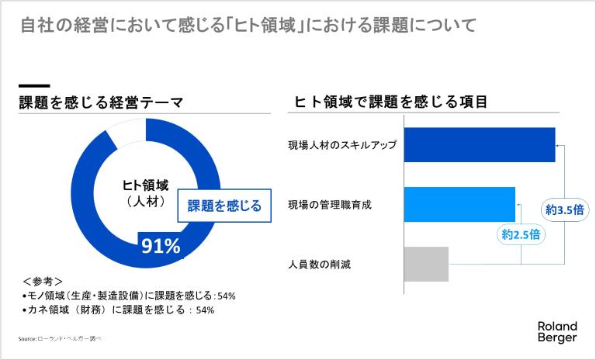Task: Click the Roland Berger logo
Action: coord(556,331)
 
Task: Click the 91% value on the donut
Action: coord(161,246)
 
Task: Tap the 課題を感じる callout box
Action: coord(224,206)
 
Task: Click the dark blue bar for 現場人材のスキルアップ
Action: coord(480,144)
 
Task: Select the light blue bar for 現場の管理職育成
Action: coord(459,204)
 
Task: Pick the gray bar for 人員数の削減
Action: coord(426,264)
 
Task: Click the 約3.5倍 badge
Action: coord(564,209)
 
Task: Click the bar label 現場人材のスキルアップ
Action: coord(342,145)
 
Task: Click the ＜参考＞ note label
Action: coord(43,281)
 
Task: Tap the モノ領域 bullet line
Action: coord(129,296)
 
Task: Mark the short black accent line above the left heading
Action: coord(34,85)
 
